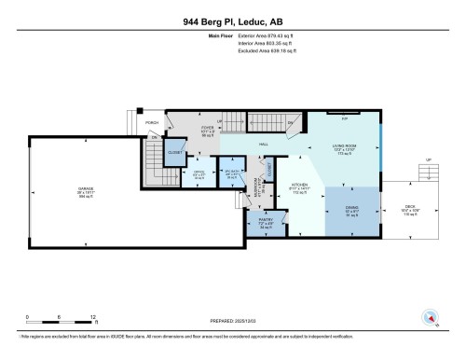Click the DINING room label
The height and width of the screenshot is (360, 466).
351,209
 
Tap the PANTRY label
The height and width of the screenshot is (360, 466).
265,222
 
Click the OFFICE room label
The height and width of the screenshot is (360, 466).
199,171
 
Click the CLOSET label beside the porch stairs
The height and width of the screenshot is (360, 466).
174,152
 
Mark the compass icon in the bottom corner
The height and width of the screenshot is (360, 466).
430,317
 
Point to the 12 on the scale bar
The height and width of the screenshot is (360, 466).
94,316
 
